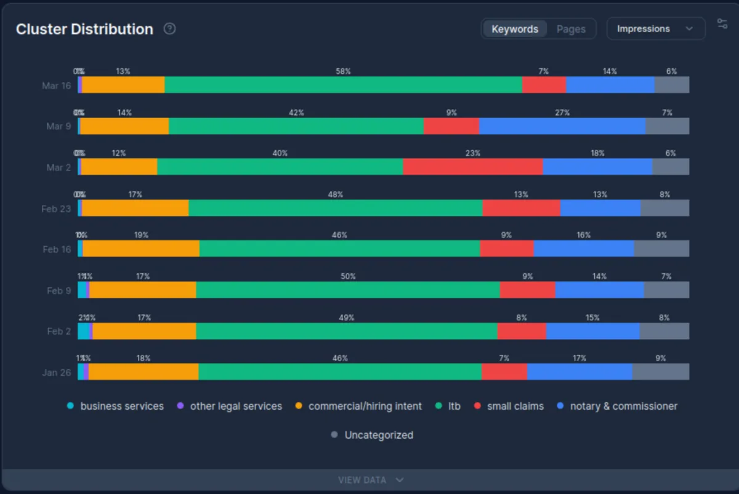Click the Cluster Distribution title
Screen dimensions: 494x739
84,29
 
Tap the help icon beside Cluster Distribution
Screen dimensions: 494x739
169,29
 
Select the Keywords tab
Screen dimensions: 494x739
515,29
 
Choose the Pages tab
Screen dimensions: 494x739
570,29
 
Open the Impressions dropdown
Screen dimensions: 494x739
655,29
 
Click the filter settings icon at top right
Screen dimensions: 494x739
722,24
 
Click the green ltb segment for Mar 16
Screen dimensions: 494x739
343,85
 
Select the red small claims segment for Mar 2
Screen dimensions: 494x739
472,167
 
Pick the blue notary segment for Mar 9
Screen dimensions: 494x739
562,126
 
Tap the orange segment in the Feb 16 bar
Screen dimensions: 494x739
141,249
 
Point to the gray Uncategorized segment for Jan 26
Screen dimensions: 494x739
660,372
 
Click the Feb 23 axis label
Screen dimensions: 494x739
56,209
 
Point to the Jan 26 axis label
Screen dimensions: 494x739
56,372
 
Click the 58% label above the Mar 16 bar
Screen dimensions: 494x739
343,71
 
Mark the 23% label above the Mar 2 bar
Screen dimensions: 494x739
472,153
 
